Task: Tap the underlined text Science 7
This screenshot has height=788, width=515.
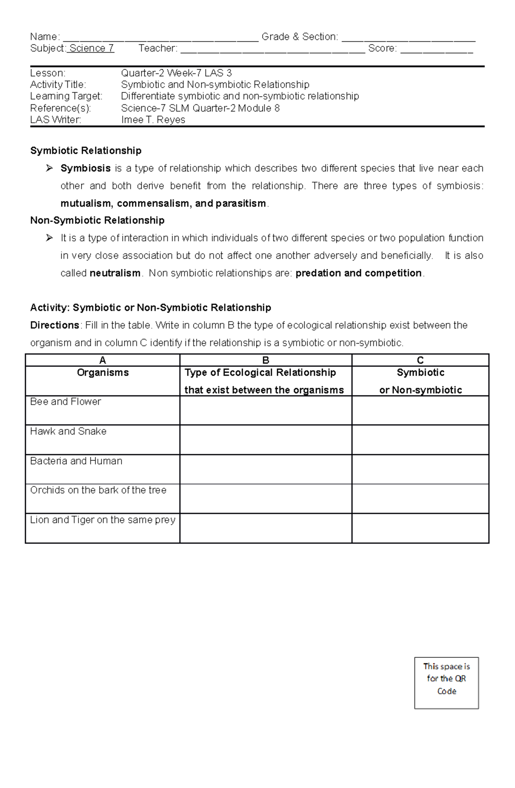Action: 91,49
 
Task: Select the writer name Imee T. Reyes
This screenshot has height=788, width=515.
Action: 153,120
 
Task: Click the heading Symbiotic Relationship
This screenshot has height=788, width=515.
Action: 86,151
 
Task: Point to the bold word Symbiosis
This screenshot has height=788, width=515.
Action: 85,168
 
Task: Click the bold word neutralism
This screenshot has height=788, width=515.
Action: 115,273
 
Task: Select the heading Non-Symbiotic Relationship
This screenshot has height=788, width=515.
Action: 97,220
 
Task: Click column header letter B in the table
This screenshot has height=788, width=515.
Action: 266,360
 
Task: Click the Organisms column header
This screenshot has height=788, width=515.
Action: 103,373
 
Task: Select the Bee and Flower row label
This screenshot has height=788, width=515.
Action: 66,402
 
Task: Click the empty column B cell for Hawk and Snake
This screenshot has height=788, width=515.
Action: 266,440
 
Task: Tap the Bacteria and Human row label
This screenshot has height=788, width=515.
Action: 76,461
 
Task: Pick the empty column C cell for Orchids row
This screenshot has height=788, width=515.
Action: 420,499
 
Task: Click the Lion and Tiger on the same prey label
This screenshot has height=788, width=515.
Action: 103,520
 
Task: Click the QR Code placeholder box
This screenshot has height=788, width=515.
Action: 446,683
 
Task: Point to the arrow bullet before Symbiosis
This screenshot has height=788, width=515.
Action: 49,168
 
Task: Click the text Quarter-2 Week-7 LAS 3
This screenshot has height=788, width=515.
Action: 176,73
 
